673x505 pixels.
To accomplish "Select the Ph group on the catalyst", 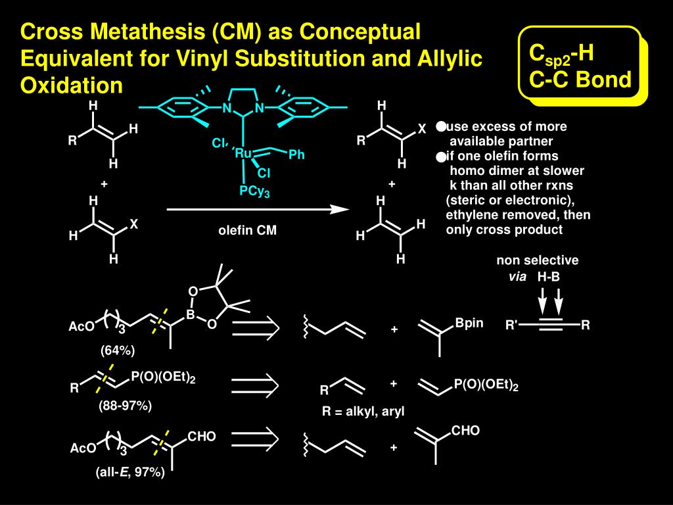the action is tap(296, 155).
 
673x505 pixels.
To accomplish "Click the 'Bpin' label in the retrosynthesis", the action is tap(469, 324).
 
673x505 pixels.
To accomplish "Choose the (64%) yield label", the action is tap(118, 350).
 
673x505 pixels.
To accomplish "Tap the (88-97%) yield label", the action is tap(126, 406).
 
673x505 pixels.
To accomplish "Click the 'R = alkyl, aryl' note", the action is tap(363, 412).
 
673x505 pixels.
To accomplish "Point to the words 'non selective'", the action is tap(538, 260).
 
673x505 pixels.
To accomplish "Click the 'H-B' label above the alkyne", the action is tap(549, 277).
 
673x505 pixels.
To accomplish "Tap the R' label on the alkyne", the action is tap(512, 325).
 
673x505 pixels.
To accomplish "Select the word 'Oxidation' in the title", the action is tap(72, 85).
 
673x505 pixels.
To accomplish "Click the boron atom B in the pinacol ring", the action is tap(191, 315).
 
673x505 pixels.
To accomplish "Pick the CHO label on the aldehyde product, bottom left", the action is tap(202, 437).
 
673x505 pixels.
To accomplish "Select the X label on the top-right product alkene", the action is tap(423, 130).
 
